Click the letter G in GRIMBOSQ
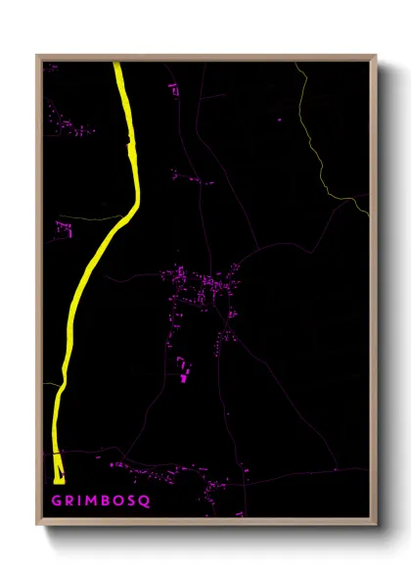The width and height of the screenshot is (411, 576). click(x=55, y=500)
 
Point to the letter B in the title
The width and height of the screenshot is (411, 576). click(x=107, y=500)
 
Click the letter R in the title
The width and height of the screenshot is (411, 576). click(x=68, y=500)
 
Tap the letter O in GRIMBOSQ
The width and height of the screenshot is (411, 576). click(x=119, y=500)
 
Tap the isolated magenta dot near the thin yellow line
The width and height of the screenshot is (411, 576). click(x=280, y=120)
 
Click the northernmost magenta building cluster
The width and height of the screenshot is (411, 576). click(x=174, y=90)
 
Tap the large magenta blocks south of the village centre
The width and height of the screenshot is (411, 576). click(x=182, y=369)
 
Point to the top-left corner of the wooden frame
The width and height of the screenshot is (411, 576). click(x=38, y=56)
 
